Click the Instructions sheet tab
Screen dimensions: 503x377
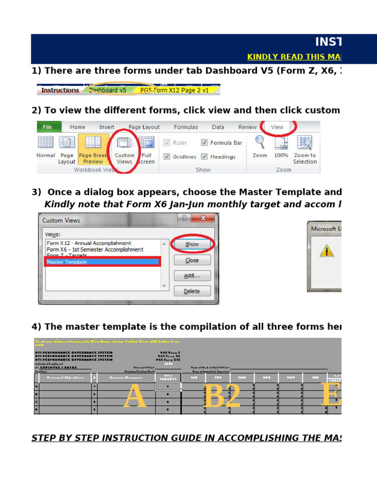tap(59, 90)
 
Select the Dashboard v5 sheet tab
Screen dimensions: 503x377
tap(108, 90)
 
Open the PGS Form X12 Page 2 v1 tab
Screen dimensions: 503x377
tap(174, 90)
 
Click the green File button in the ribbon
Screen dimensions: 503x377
tap(48, 127)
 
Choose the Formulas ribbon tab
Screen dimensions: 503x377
tap(186, 127)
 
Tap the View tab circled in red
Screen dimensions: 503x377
tap(277, 127)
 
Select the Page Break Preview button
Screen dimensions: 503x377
tap(93, 150)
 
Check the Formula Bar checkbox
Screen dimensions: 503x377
tap(204, 143)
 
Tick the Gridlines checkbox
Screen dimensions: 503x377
tap(167, 157)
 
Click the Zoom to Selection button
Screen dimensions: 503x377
tap(305, 150)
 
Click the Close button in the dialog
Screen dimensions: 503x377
tap(191, 260)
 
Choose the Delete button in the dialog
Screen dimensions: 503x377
tap(191, 291)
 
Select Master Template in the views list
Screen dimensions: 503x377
tap(102, 262)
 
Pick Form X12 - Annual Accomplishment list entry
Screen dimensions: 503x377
tap(89, 243)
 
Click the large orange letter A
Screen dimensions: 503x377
tap(135, 397)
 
